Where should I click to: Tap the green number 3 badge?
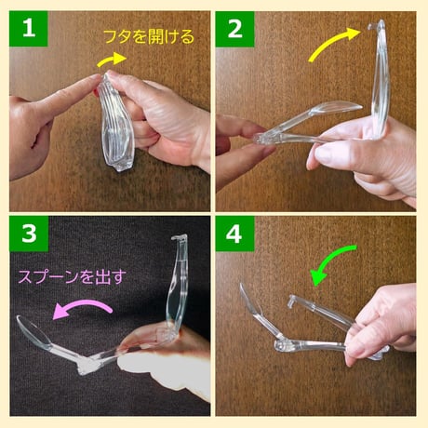pyautogui.click(x=29, y=235)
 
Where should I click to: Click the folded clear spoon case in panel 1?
pyautogui.click(x=115, y=126)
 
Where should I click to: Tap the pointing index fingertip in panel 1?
pyautogui.click(x=94, y=83)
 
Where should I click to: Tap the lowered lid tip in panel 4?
pyautogui.click(x=292, y=300)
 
